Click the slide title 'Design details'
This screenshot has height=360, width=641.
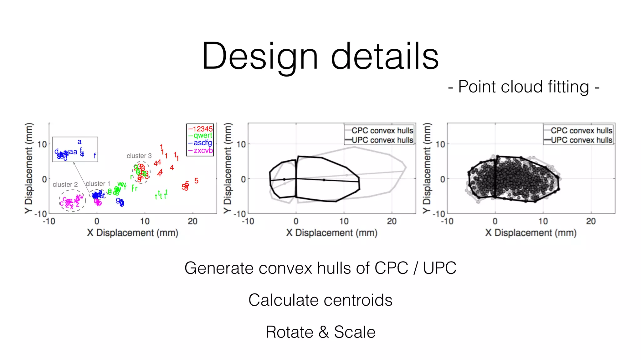tap(320, 56)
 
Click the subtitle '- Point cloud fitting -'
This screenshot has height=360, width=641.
tap(524, 87)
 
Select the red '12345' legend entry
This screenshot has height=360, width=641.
tap(203, 129)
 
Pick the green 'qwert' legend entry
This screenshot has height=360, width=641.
tap(203, 136)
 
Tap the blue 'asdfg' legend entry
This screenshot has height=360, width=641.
tap(203, 143)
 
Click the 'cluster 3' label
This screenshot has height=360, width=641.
tap(139, 156)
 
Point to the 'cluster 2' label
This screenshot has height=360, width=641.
tap(65, 184)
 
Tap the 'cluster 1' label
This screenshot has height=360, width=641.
tap(98, 184)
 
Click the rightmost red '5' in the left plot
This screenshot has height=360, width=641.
tap(196, 181)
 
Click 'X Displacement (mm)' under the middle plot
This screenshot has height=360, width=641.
tap(331, 233)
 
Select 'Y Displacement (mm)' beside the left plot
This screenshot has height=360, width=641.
tap(29, 168)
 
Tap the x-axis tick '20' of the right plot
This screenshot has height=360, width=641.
tap(591, 221)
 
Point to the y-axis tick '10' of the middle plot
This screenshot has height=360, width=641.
tap(241, 144)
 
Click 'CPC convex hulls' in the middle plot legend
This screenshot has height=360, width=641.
tap(382, 130)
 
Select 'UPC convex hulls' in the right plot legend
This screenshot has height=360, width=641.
tap(581, 140)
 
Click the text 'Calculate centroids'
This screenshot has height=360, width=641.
tap(320, 300)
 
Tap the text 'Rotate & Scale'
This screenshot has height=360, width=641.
tap(320, 332)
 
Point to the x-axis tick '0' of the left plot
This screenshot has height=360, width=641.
tap(97, 221)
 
